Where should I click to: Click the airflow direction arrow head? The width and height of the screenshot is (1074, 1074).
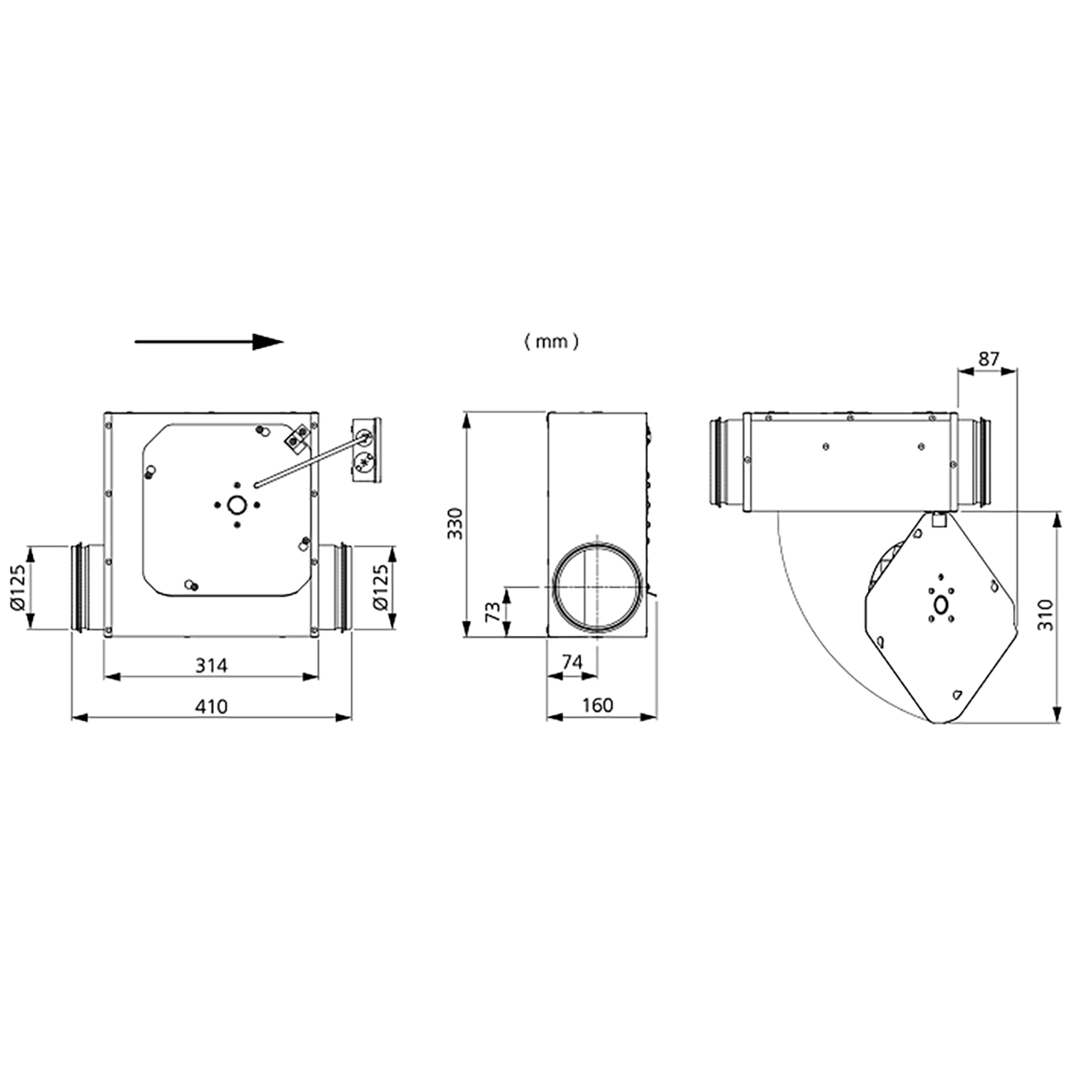268,342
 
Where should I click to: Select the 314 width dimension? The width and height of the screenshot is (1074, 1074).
211,665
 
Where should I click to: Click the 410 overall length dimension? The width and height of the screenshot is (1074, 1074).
211,706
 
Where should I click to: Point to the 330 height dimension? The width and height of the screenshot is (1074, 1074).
456,523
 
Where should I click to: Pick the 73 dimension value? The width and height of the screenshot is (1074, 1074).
492,612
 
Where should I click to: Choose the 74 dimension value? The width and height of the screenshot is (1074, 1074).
572,661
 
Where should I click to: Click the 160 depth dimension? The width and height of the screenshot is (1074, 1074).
598,705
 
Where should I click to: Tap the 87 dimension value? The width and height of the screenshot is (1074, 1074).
989,359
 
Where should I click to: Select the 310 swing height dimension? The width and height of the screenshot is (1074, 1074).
1046,615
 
